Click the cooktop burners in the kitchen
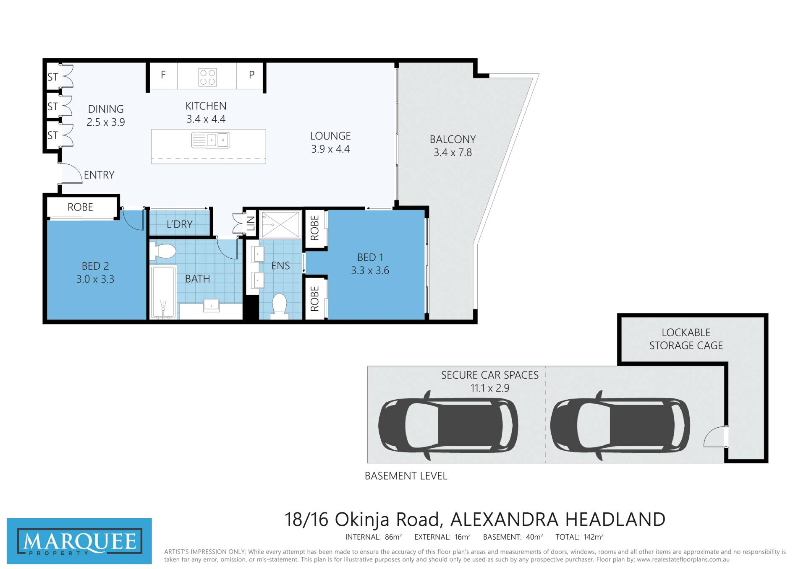pyautogui.click(x=207, y=77)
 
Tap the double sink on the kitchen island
pyautogui.click(x=211, y=140)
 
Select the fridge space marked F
pyautogui.click(x=163, y=75)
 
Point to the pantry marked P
pyautogui.click(x=251, y=75)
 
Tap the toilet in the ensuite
pyautogui.click(x=279, y=304)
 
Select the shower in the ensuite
pyautogui.click(x=280, y=224)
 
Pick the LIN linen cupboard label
pyautogui.click(x=251, y=223)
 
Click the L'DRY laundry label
pyautogui.click(x=180, y=224)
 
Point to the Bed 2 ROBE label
pyautogui.click(x=80, y=207)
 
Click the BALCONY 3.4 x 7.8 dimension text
pyautogui.click(x=453, y=152)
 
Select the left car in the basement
pyautogui.click(x=448, y=425)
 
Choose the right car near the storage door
pyautogui.click(x=620, y=425)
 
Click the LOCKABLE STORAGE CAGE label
pyautogui.click(x=686, y=339)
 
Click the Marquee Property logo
pyautogui.click(x=79, y=541)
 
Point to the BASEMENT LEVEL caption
pyautogui.click(x=406, y=476)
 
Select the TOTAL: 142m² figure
pyautogui.click(x=579, y=537)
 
